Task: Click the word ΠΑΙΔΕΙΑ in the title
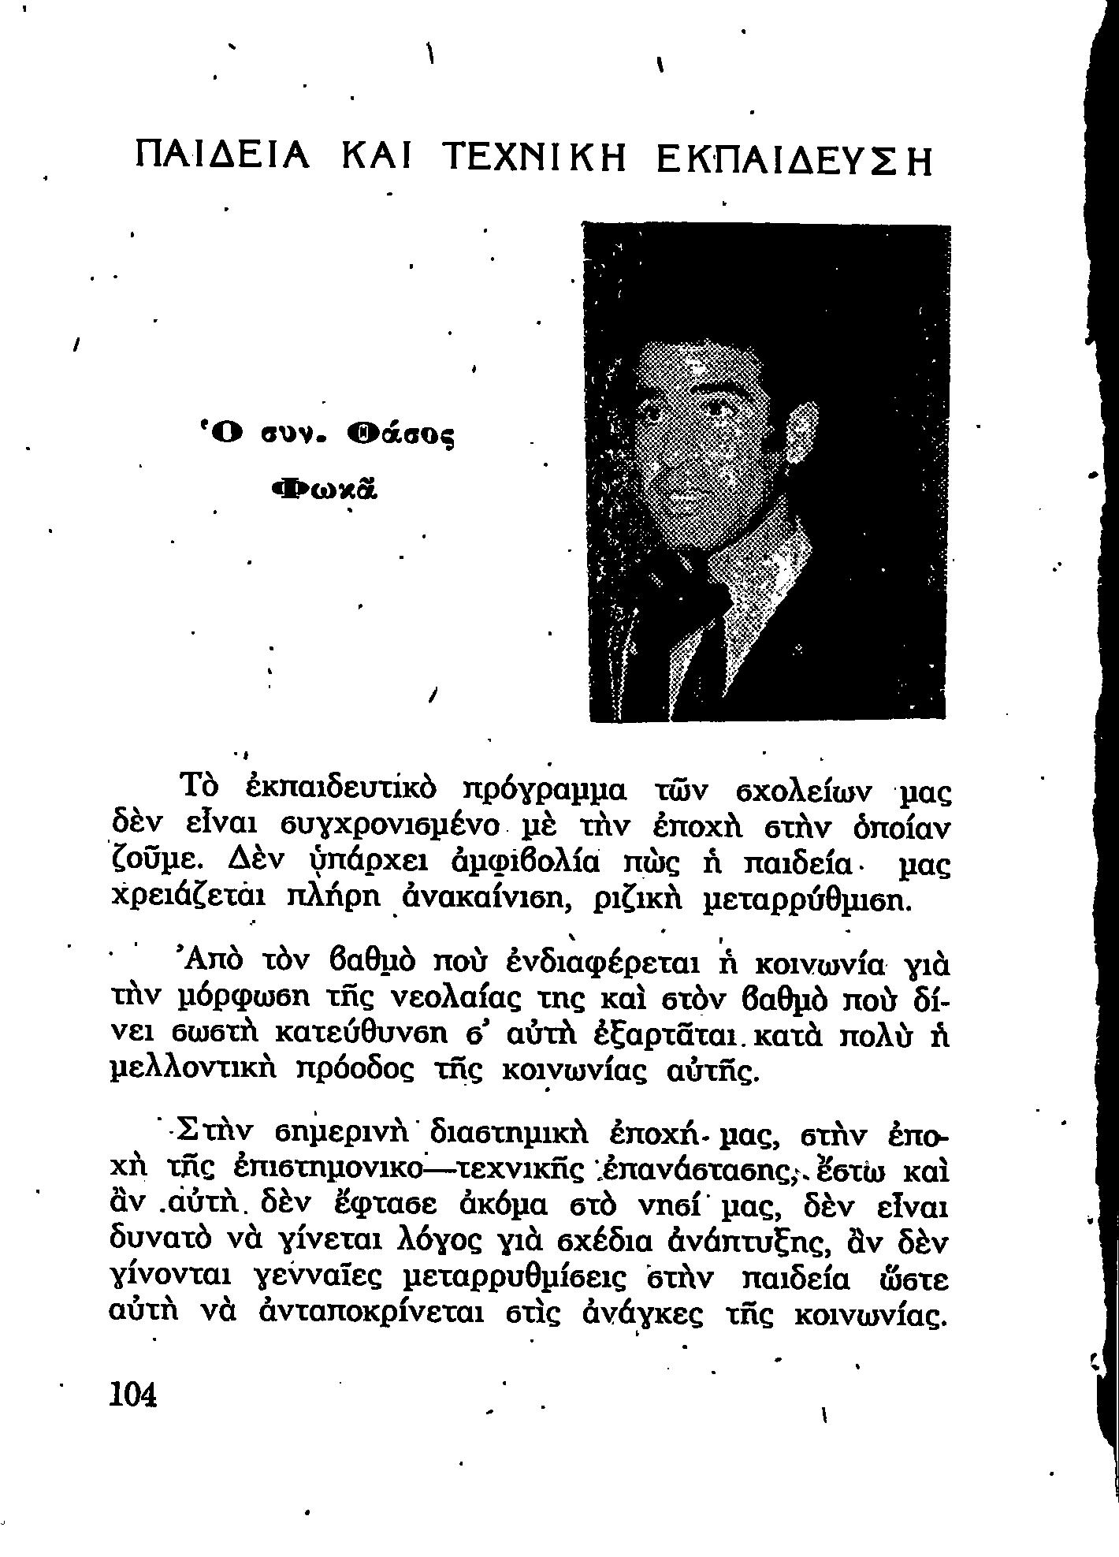223,158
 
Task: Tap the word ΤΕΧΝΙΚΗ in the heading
535,158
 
